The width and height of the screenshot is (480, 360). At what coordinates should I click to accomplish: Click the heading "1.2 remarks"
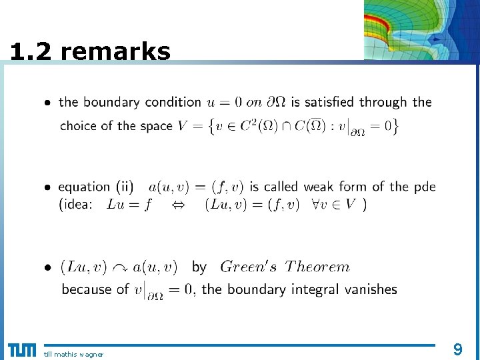[x=91, y=51]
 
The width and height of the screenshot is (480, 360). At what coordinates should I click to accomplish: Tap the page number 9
[x=457, y=349]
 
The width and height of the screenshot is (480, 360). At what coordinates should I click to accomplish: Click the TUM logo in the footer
[x=22, y=350]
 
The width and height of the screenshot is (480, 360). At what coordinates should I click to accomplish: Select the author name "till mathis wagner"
[x=73, y=354]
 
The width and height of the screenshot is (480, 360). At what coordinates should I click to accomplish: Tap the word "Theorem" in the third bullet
[x=317, y=267]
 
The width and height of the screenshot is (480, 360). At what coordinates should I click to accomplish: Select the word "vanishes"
[x=369, y=289]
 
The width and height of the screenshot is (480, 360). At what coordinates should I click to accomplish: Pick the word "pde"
[x=425, y=187]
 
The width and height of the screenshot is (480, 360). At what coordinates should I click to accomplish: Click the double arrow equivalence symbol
[x=178, y=205]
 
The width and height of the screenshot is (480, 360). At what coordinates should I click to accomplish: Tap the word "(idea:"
[x=75, y=205]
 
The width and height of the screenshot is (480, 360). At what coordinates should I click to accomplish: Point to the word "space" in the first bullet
[x=156, y=125]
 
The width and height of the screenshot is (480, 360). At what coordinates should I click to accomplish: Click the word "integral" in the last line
[x=314, y=289]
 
